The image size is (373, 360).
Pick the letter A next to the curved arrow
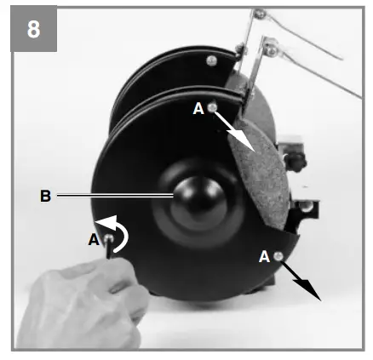[93, 240]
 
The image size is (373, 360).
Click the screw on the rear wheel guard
[209, 60]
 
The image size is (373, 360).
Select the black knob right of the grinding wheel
[297, 157]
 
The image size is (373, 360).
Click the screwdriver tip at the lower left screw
[110, 249]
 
